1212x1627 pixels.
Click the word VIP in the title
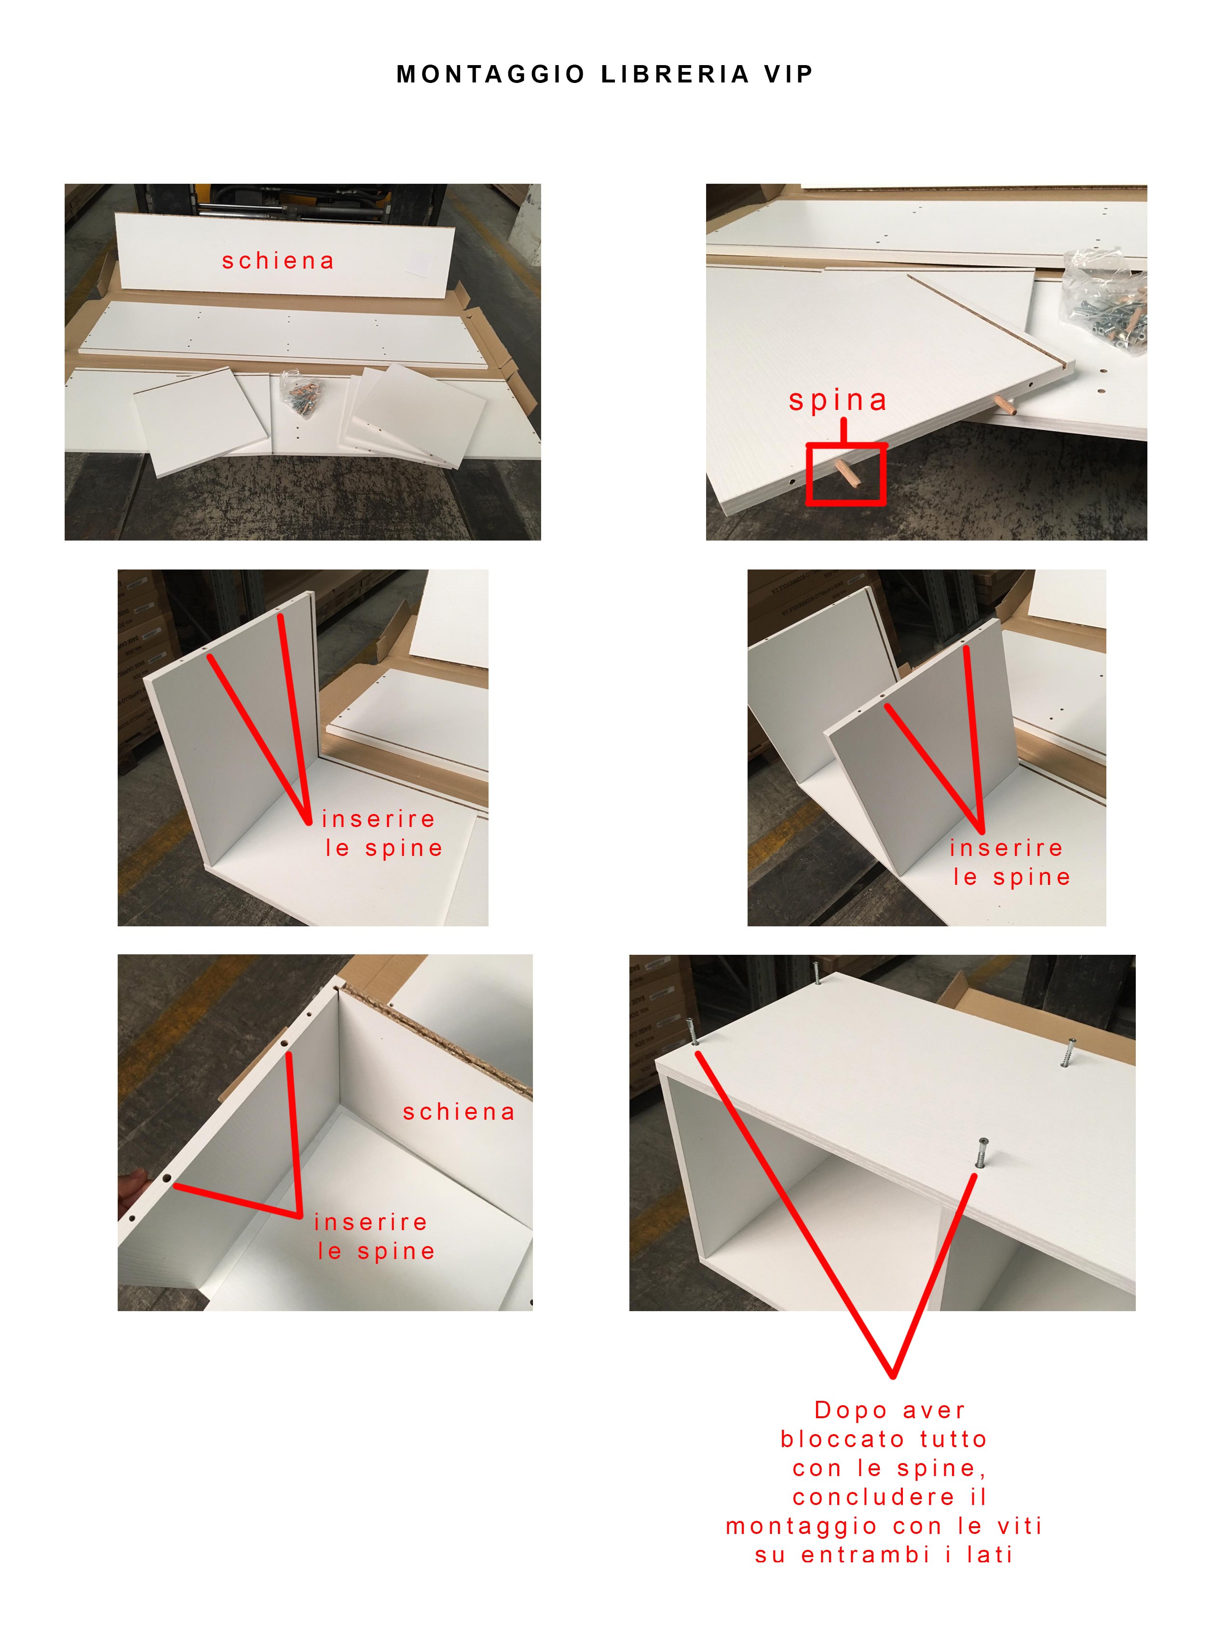pyautogui.click(x=788, y=74)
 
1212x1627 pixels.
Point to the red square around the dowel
pyautogui.click(x=846, y=474)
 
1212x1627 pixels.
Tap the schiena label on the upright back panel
pyautogui.click(x=278, y=261)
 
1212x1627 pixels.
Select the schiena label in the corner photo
pyautogui.click(x=459, y=1112)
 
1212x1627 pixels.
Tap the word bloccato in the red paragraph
pyautogui.click(x=842, y=1439)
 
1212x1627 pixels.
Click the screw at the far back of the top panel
pyautogui.click(x=816, y=973)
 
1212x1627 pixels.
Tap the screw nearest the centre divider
pyautogui.click(x=981, y=1152)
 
